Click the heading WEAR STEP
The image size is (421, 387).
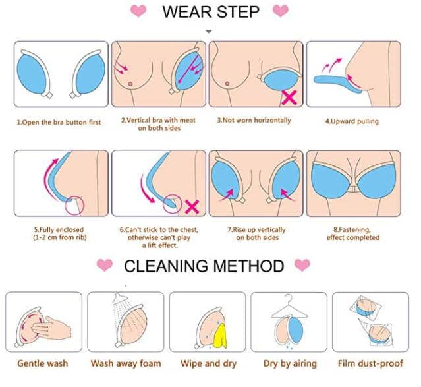click(x=211, y=12)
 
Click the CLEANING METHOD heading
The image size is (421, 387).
click(x=204, y=266)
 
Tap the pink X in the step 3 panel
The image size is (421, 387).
click(x=290, y=98)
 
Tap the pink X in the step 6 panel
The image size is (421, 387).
click(x=192, y=207)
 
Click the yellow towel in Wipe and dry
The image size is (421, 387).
click(x=219, y=336)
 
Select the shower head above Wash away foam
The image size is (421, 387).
click(x=119, y=299)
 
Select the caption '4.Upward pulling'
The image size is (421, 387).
click(x=352, y=121)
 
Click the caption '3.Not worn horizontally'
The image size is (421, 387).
click(x=254, y=120)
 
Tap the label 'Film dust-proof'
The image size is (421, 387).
click(x=370, y=363)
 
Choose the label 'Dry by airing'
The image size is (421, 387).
click(x=290, y=364)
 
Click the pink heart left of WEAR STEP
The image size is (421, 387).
click(x=138, y=11)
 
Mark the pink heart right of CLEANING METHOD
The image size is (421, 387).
click(x=302, y=265)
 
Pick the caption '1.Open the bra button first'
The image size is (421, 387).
click(x=59, y=122)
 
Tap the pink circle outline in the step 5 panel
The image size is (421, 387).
click(x=74, y=206)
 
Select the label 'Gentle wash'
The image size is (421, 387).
click(x=42, y=363)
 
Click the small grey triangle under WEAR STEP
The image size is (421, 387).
click(x=209, y=31)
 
